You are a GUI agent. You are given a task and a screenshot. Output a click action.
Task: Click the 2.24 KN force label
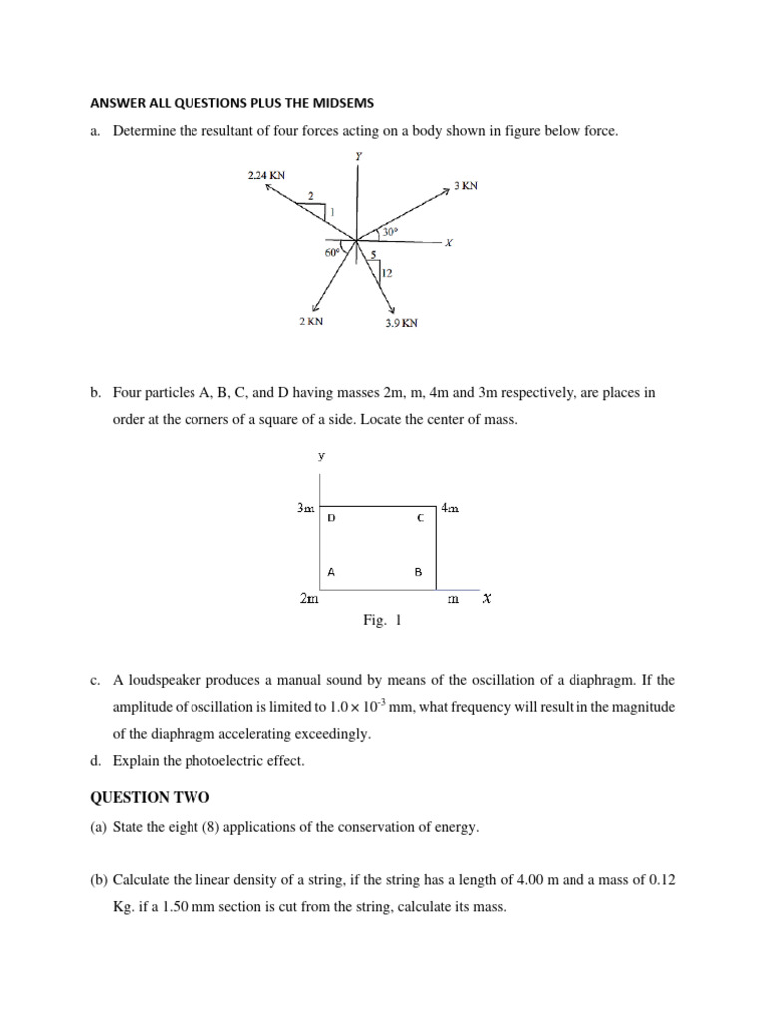point(267,175)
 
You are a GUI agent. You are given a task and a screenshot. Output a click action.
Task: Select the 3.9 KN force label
point(401,323)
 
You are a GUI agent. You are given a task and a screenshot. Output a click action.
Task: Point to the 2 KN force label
point(310,322)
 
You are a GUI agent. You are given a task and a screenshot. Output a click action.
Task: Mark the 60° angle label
point(332,253)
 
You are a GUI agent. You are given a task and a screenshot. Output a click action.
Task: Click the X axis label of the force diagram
point(449,243)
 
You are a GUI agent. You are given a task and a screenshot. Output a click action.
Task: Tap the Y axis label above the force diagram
point(358,156)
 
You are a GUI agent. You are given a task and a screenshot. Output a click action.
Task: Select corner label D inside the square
point(332,519)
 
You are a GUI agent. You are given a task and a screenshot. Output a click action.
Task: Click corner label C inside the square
point(420,519)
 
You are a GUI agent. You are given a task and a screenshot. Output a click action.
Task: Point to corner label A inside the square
point(331,572)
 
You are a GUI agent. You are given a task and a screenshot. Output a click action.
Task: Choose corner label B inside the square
point(418,572)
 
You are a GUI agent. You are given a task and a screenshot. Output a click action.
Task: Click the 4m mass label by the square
point(450,509)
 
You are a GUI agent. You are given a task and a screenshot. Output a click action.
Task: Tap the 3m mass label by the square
point(306,509)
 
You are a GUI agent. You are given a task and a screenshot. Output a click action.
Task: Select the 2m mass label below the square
point(309,599)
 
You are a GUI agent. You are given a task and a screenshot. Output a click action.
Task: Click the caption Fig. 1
point(383,621)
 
